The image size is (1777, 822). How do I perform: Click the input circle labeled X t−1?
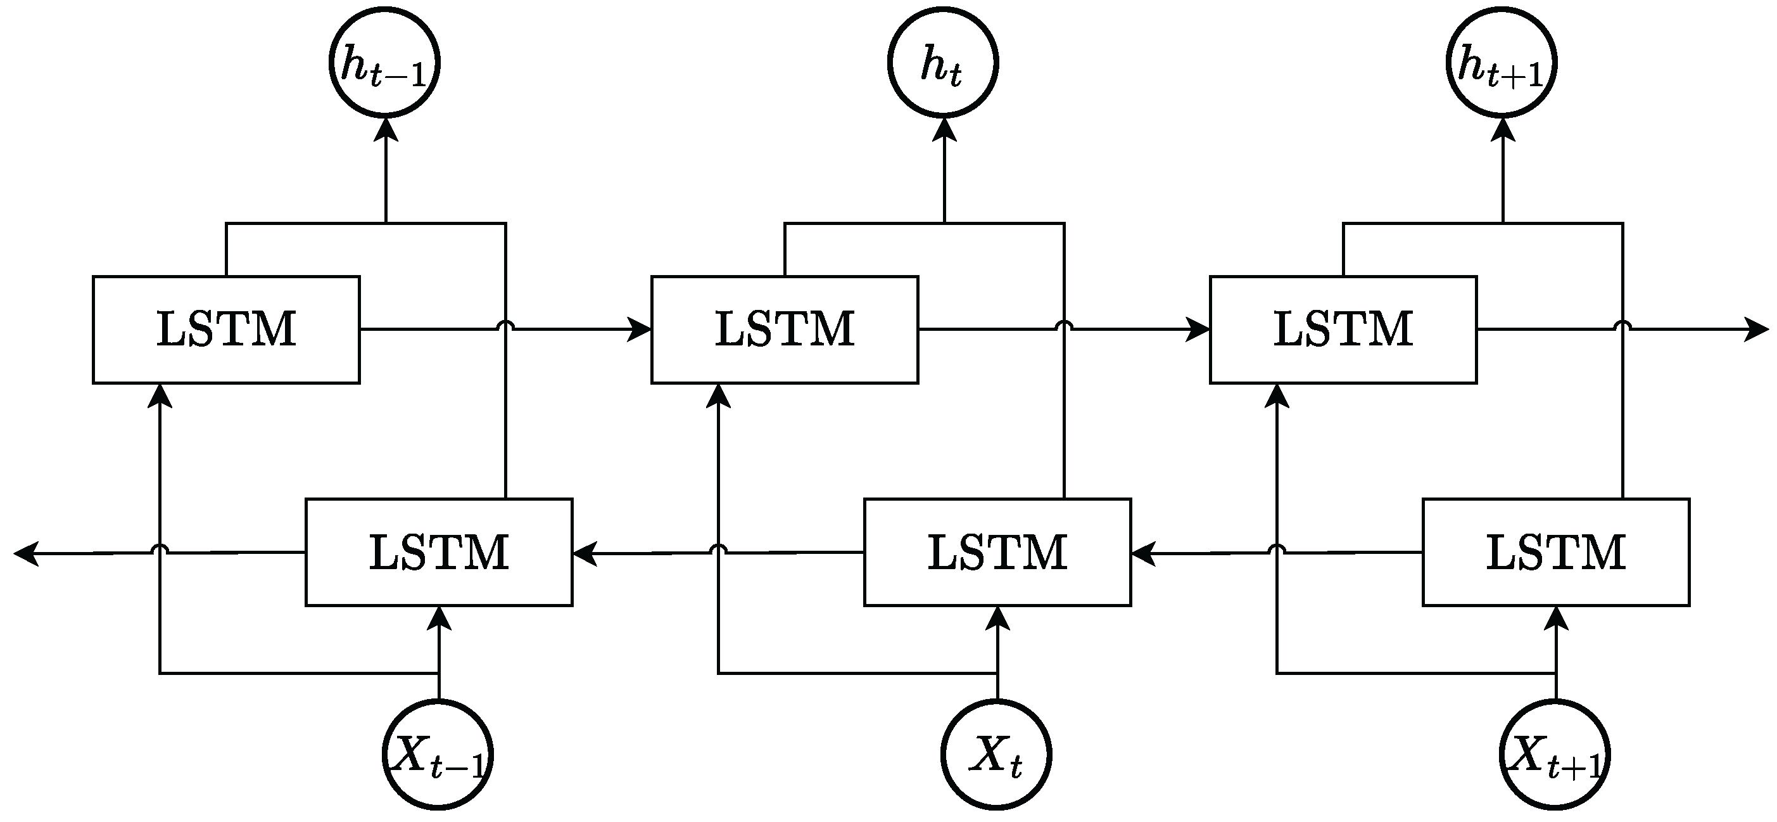point(438,754)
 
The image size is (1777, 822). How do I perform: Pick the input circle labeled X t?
point(996,754)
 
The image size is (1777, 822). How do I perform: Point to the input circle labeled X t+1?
point(1555,754)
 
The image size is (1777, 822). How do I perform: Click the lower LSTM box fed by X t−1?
point(439,552)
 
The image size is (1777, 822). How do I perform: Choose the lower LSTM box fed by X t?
point(997,552)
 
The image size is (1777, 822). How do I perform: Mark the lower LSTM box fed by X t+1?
point(1556,552)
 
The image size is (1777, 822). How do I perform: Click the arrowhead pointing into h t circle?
point(944,130)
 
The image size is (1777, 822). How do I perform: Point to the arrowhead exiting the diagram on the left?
point(26,553)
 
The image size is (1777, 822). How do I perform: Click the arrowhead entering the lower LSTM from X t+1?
point(1555,619)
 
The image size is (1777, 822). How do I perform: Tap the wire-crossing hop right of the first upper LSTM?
point(505,325)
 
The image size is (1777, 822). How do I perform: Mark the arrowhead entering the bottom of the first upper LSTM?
point(160,396)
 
